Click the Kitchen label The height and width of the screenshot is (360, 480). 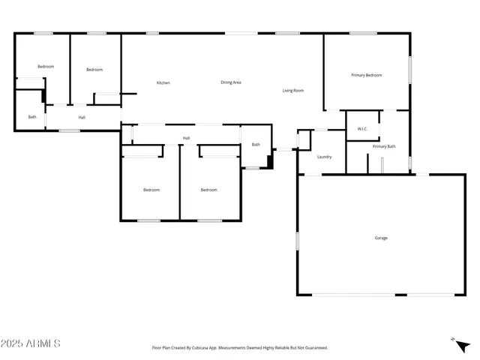pos(163,82)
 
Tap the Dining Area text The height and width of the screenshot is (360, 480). pos(230,82)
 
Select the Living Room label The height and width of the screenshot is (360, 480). pos(292,91)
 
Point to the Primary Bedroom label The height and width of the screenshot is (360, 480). pos(367,75)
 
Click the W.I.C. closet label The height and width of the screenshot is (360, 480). pos(361,128)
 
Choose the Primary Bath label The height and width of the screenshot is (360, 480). pos(383,146)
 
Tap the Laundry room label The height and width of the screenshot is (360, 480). pos(324,157)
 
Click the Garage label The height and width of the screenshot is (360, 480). pos(381,238)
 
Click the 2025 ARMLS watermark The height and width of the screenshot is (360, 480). pos(31,343)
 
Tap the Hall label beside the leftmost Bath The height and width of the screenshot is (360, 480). pos(81,117)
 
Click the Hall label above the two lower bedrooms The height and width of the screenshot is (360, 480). pos(186,138)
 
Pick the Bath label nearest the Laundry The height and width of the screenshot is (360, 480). pos(256,145)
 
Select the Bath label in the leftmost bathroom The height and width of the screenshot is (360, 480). pos(32,117)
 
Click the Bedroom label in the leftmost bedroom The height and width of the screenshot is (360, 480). pos(46,67)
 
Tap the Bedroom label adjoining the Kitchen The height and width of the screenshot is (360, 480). pos(94,70)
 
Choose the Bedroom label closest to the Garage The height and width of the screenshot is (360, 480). pos(208,190)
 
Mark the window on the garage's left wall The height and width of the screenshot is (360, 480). pos(298,241)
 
